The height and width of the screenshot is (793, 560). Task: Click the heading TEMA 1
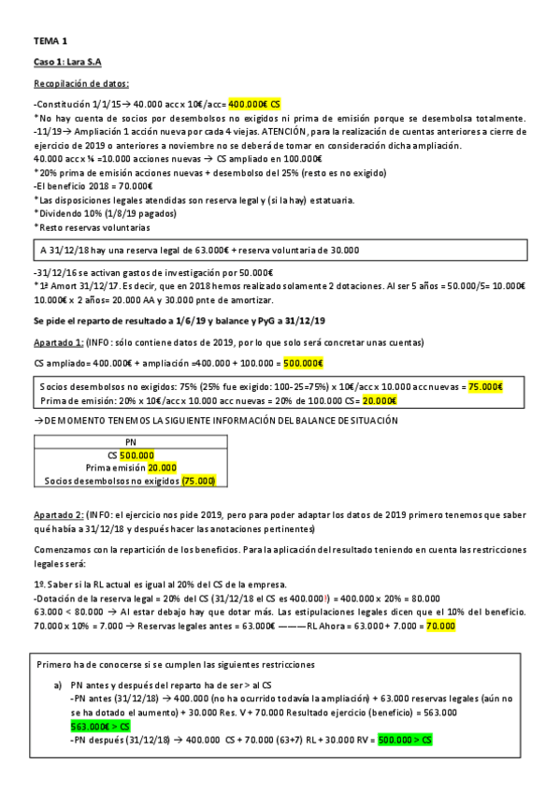tap(50, 41)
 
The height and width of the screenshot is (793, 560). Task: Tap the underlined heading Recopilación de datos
tap(81, 83)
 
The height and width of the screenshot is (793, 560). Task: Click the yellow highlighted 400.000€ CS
tap(254, 105)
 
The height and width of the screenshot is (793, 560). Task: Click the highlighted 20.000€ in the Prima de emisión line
tap(379, 400)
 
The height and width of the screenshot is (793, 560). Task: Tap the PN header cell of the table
tap(130, 441)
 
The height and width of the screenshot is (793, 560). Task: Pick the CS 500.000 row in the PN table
tap(131, 454)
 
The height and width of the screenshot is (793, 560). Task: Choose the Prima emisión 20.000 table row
tap(132, 468)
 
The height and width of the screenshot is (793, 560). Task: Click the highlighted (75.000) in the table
tap(199, 481)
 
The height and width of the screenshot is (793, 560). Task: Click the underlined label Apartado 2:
tap(59, 515)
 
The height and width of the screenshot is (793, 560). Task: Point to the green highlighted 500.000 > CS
tap(406, 740)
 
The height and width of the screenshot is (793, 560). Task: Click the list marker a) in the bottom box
tap(58, 685)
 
